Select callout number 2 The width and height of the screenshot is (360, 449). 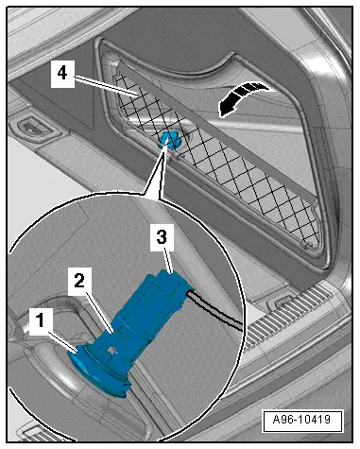80,280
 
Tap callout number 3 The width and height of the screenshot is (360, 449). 162,237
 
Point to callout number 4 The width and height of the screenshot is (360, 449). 62,74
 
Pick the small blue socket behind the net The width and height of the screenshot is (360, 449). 168,140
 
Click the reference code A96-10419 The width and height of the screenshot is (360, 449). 302,420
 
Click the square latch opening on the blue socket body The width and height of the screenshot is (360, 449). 111,349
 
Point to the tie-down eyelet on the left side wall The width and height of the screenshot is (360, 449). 31,127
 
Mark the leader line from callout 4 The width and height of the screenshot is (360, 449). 106,87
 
